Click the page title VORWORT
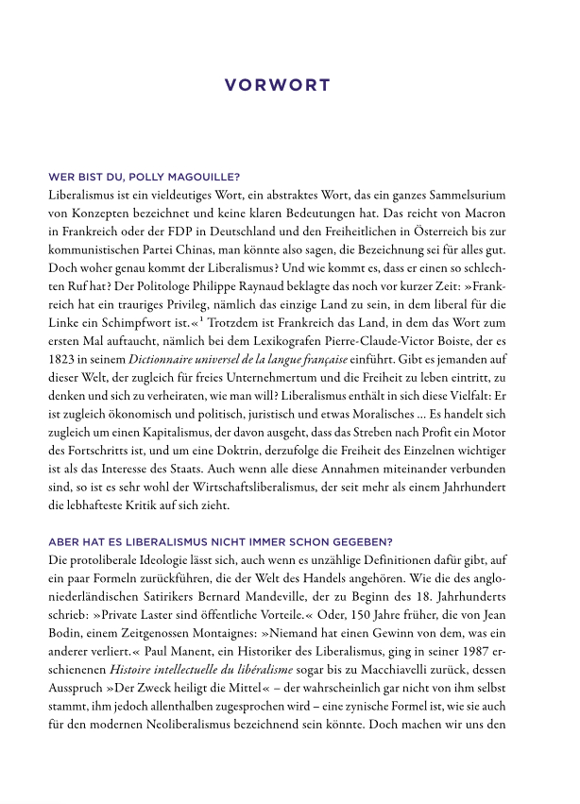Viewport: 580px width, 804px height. pos(278,86)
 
